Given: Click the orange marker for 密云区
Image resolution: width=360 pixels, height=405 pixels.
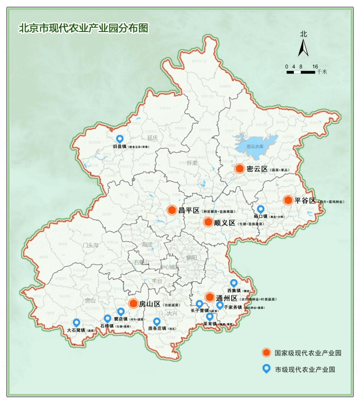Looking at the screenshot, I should click(x=240, y=169).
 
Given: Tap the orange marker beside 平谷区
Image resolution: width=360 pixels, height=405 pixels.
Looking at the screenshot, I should click(x=288, y=200).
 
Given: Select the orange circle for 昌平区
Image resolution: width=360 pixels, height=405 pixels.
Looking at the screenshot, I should click(x=172, y=210).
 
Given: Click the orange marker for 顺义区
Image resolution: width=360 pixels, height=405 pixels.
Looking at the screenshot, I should click(x=208, y=222).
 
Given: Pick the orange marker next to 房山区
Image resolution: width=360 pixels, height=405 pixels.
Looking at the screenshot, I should click(x=133, y=303).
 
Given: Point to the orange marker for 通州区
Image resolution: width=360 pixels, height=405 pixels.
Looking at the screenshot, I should click(x=210, y=297).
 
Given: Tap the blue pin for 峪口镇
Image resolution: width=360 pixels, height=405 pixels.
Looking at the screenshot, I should click(x=261, y=209).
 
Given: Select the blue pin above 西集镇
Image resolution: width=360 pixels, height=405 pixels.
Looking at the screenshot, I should click(x=234, y=283).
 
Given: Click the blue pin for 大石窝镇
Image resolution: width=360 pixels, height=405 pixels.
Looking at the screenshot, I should click(x=76, y=323).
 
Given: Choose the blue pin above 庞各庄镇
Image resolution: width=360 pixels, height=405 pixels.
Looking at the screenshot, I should click(x=157, y=321).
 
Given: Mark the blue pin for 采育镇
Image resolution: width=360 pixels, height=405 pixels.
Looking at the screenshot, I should click(x=209, y=317).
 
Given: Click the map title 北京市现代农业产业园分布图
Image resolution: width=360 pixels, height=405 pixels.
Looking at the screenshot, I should click(x=83, y=28).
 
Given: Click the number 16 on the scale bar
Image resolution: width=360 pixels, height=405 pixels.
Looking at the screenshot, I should click(x=315, y=66).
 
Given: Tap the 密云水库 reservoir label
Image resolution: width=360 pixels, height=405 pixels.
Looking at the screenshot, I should click(x=255, y=146).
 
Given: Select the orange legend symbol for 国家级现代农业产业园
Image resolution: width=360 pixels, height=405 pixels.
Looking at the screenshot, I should click(x=266, y=353).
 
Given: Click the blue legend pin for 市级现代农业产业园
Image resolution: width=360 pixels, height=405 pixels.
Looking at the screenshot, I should click(x=266, y=369).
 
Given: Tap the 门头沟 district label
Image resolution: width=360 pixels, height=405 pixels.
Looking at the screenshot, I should click(x=91, y=245).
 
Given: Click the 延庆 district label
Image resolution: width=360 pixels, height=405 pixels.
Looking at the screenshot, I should click(x=152, y=138).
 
